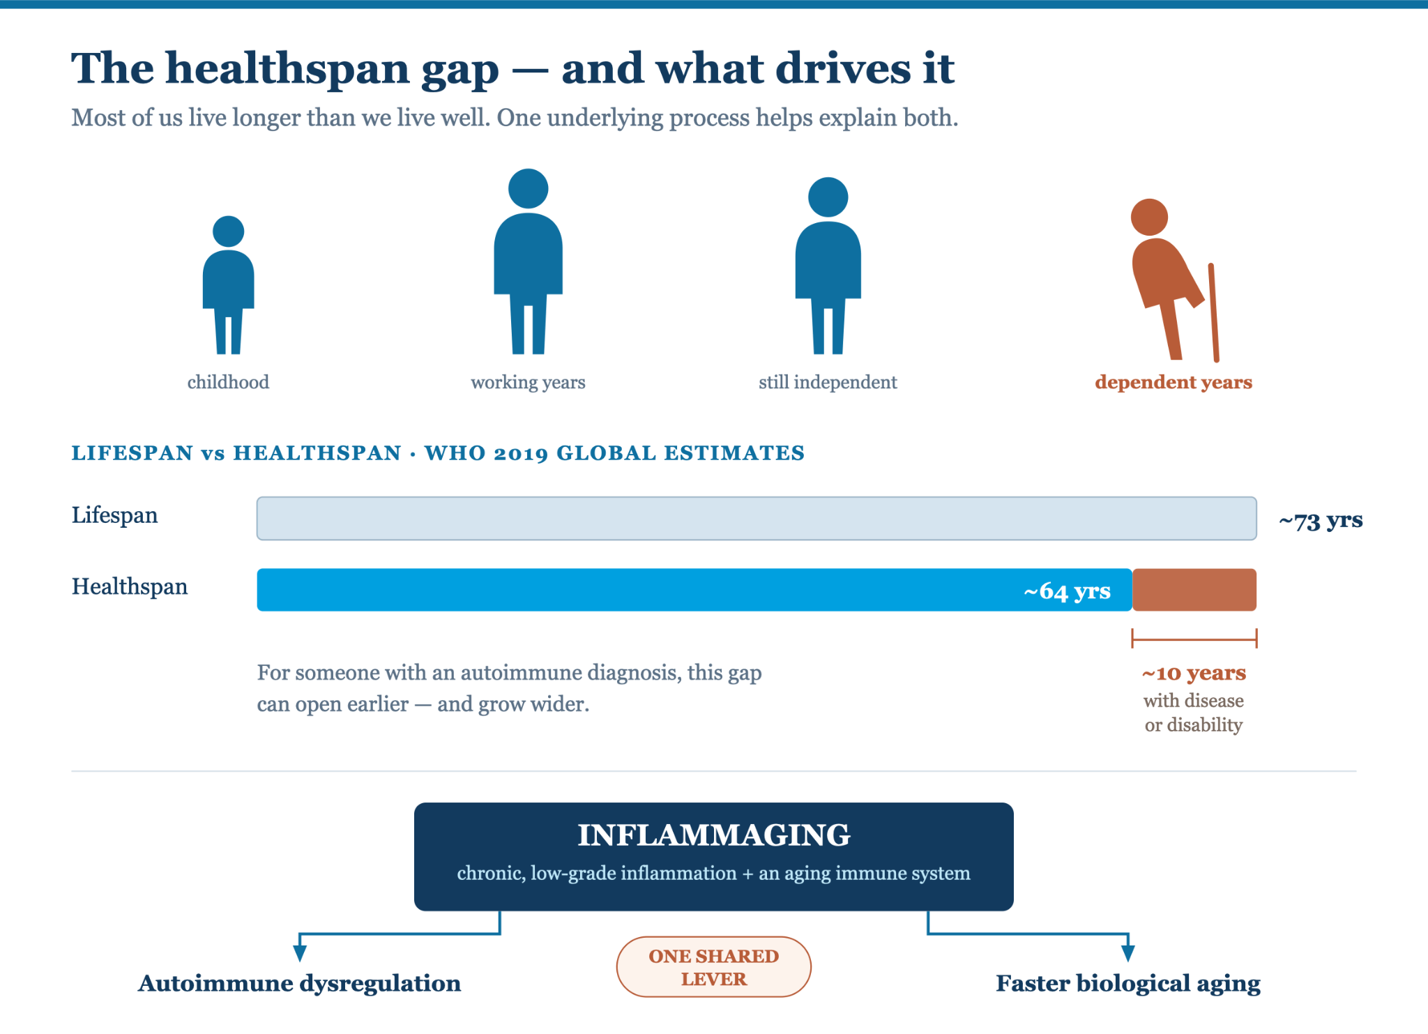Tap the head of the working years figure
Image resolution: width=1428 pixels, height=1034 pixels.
tap(528, 188)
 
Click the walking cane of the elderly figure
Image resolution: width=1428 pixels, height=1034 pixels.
tap(1213, 312)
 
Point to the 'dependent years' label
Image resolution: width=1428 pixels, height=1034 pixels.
tap(1173, 382)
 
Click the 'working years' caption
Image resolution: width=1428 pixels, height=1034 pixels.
tap(528, 382)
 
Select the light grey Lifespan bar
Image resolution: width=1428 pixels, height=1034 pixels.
tap(757, 518)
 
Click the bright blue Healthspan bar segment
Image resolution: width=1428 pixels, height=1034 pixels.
tap(694, 590)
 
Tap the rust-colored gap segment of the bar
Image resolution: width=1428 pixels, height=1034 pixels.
tap(1194, 590)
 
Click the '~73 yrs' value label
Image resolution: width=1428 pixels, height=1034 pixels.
tap(1321, 521)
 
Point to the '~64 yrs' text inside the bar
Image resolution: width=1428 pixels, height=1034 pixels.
tap(1067, 591)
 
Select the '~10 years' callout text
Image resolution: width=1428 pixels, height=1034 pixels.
tap(1194, 673)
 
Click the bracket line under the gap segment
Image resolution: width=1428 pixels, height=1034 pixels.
tap(1194, 638)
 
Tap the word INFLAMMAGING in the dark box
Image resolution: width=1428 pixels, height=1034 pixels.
tap(714, 835)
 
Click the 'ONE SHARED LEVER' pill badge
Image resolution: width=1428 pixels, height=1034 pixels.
tap(714, 967)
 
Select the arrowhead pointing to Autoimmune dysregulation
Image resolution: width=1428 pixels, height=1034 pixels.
tap(300, 954)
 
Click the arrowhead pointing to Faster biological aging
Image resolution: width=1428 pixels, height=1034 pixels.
tap(1128, 954)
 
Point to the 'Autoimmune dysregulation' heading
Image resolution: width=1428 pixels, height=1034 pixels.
tap(299, 983)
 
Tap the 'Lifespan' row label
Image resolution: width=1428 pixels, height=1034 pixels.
tap(114, 516)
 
